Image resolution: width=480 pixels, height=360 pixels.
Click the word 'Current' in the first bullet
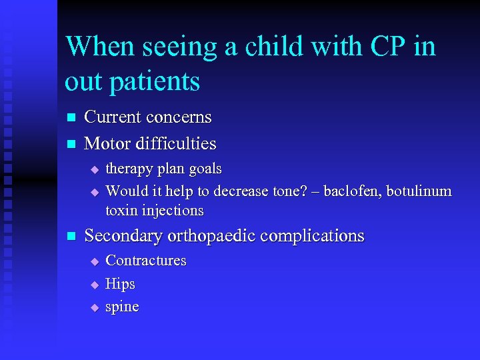point(113,117)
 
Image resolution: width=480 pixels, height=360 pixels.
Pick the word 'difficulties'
point(177,143)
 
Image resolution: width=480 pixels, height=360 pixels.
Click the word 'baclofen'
point(351,191)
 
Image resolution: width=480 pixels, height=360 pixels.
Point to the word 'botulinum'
point(419,191)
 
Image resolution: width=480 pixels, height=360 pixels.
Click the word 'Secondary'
point(124,236)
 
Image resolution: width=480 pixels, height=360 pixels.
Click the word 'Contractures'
point(146,261)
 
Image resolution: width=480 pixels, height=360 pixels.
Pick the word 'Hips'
point(121,284)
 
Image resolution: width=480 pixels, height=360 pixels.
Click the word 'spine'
point(123,307)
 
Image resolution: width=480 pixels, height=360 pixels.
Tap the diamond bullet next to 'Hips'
point(95,285)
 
